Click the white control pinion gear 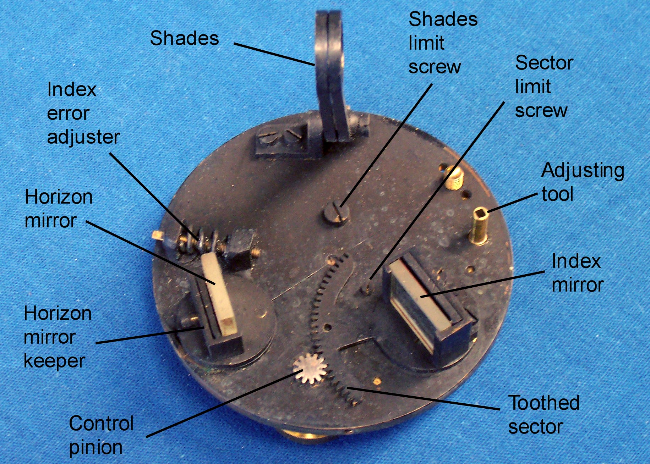(310, 369)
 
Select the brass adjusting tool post (480, 226)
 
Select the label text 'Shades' (184, 38)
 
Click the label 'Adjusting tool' (583, 182)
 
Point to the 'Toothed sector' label (544, 414)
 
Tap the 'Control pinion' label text (101, 435)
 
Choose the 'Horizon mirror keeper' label (58, 337)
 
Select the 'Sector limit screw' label (544, 87)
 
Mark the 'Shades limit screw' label (443, 43)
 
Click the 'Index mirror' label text (578, 273)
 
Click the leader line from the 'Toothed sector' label (424, 399)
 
